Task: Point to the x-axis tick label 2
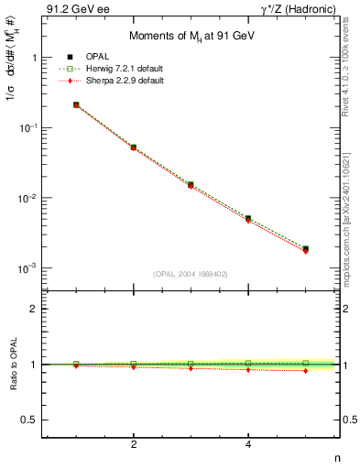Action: coord(134,445)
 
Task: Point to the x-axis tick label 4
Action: coord(248,445)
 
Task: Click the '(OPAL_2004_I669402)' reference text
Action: coord(190,272)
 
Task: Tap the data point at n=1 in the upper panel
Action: coord(76,104)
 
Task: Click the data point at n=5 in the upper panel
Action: coord(305,248)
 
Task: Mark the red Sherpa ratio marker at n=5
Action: coord(305,371)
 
